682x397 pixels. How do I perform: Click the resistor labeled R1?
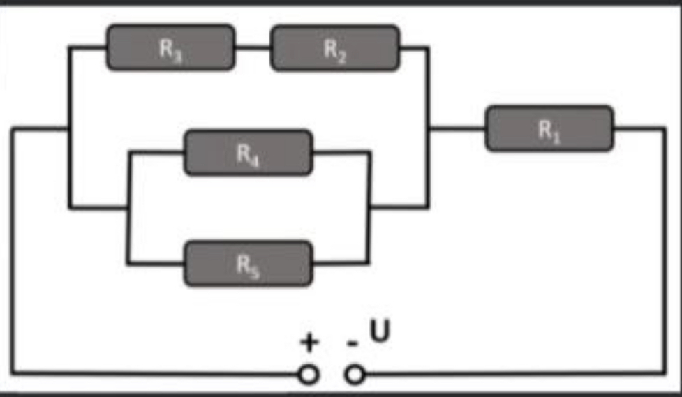[x=549, y=128]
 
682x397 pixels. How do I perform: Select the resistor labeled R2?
[x=335, y=47]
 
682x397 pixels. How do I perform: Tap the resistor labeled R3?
[x=171, y=47]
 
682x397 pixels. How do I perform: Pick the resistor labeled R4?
[x=249, y=152]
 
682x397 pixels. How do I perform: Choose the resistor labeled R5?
[x=249, y=264]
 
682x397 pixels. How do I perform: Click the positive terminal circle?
[x=309, y=375]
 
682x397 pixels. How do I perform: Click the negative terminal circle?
[x=355, y=375]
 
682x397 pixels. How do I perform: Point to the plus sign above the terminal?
[x=309, y=342]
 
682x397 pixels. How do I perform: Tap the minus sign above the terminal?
[x=353, y=344]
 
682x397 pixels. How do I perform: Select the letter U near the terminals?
[x=380, y=331]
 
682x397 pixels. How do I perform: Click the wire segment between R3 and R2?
[x=253, y=47]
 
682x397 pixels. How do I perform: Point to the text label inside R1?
[x=549, y=130]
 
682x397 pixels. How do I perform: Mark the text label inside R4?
[x=249, y=155]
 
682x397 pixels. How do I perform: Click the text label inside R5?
[x=249, y=265]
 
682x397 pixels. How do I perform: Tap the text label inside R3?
[x=171, y=50]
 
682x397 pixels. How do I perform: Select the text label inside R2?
[x=335, y=50]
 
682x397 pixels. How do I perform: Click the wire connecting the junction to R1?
[x=457, y=128]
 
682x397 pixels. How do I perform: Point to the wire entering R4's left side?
[x=156, y=152]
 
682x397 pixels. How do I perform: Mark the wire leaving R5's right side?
[x=341, y=263]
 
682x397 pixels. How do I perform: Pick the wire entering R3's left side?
[x=87, y=47]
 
